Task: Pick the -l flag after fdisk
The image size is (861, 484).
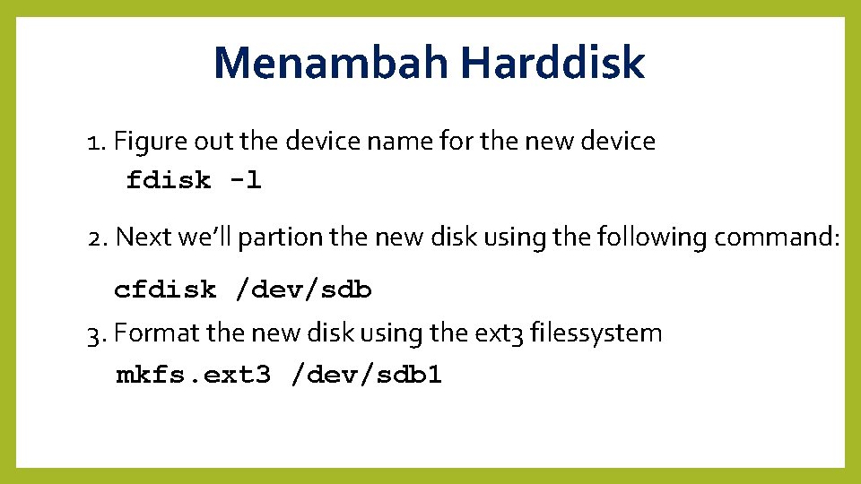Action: coord(245,180)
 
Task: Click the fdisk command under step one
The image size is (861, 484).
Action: coord(169,180)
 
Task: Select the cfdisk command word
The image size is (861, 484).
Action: coord(165,290)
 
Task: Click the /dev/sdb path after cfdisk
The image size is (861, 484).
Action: coord(303,290)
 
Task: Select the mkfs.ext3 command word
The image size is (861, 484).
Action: coord(193,374)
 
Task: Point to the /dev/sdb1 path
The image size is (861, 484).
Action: coord(367,374)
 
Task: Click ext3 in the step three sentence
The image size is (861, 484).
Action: coord(497,334)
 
